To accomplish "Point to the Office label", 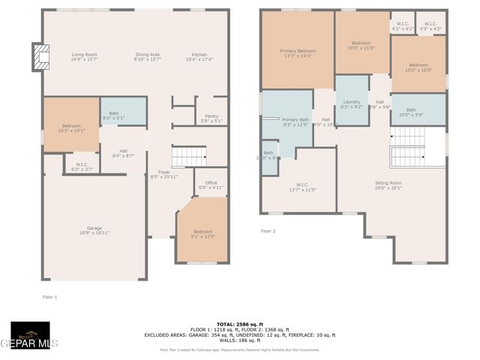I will [x=211, y=184].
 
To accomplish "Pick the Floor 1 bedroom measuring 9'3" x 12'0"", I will [x=202, y=234].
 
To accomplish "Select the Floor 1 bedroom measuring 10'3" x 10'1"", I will [x=72, y=127].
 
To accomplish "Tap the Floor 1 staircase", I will [x=189, y=156].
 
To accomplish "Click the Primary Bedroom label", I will [x=298, y=53].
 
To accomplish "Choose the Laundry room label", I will [x=352, y=104].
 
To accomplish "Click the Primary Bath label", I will [x=295, y=122].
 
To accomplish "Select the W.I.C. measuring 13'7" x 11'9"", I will [x=302, y=187].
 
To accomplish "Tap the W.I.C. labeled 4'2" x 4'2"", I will [x=403, y=26].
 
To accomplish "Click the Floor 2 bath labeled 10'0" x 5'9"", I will [x=416, y=112].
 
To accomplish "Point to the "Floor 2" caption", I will [x=268, y=231].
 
